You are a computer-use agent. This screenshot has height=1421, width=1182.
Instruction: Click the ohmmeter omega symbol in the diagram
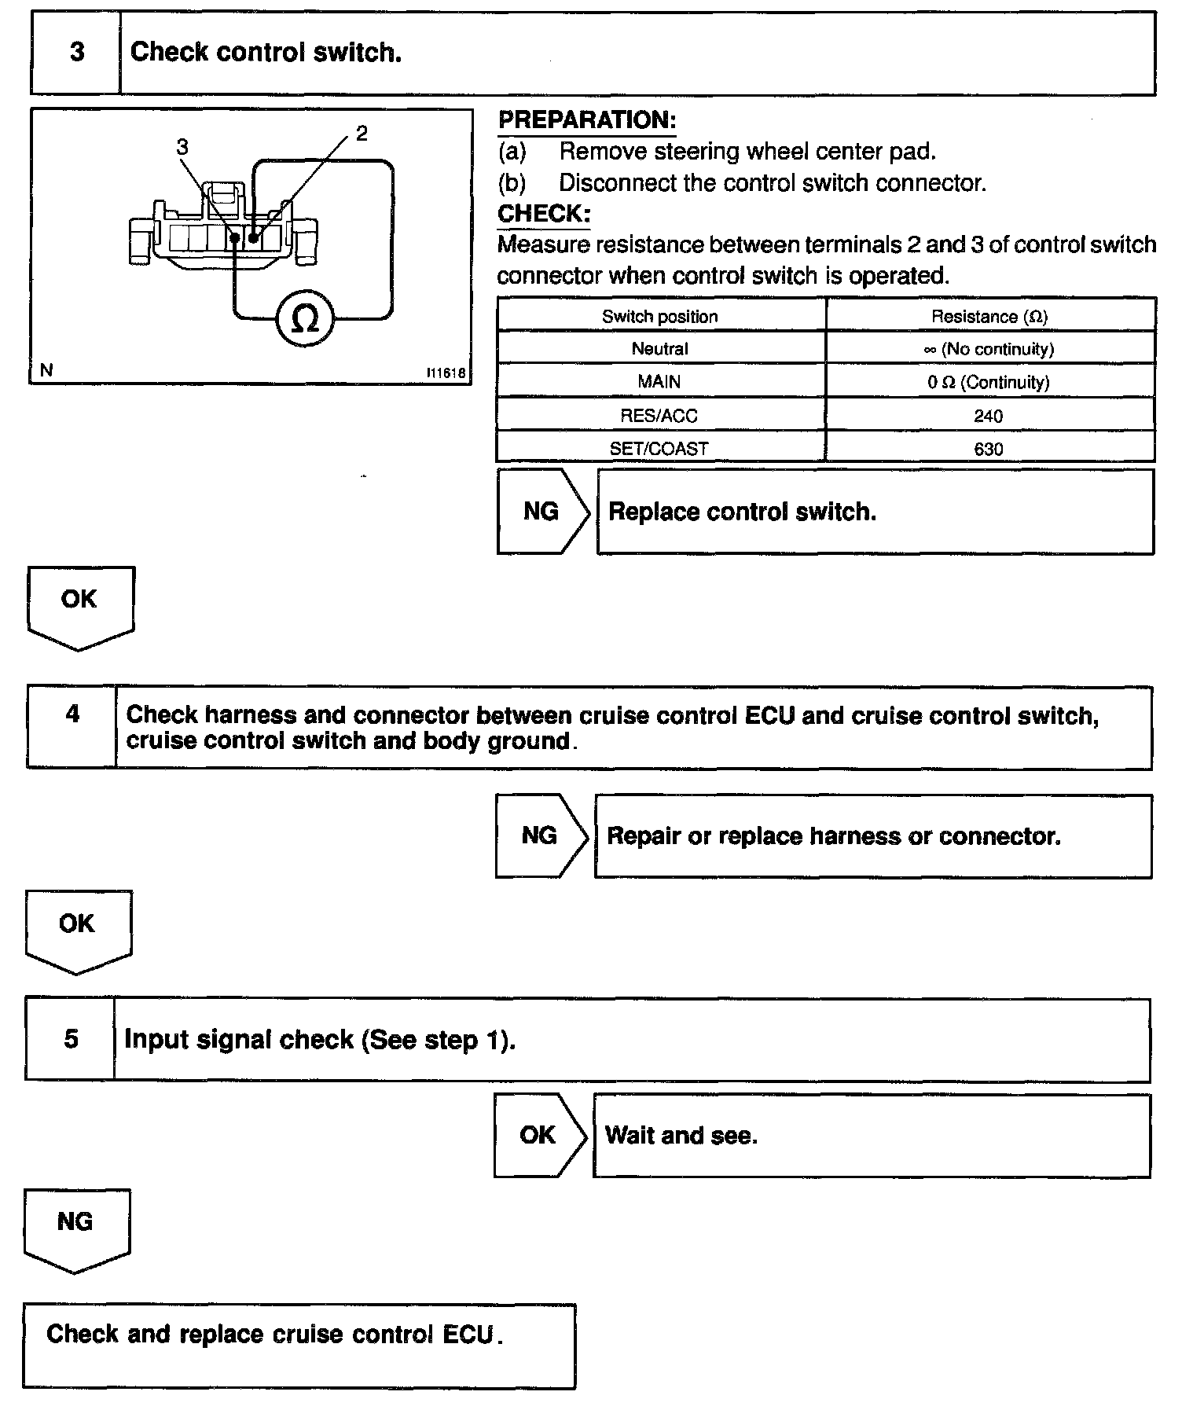pyautogui.click(x=305, y=319)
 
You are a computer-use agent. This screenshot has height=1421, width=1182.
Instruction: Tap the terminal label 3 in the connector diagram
pyautogui.click(x=182, y=147)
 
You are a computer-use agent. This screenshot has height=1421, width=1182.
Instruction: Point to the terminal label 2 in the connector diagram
pyautogui.click(x=361, y=134)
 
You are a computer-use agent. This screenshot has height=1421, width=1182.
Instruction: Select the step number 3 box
pyautogui.click(x=76, y=53)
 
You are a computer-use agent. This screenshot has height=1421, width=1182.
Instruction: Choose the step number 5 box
pyautogui.click(x=71, y=1039)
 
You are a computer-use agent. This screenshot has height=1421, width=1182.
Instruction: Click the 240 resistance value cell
pyautogui.click(x=989, y=416)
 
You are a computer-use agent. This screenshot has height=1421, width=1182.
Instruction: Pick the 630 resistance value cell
pyautogui.click(x=989, y=449)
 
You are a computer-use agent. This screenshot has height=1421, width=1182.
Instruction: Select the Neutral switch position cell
pyautogui.click(x=660, y=349)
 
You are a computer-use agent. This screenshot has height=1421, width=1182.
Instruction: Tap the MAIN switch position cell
pyautogui.click(x=659, y=382)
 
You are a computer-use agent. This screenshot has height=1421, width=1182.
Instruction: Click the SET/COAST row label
pyautogui.click(x=659, y=449)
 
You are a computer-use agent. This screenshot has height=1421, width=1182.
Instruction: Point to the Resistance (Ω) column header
pyautogui.click(x=989, y=317)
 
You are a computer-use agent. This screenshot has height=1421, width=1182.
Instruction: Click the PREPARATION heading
pyautogui.click(x=587, y=120)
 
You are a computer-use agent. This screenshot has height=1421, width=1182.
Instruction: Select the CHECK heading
pyautogui.click(x=544, y=213)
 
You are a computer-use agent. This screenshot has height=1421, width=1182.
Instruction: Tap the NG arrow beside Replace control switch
pyautogui.click(x=542, y=512)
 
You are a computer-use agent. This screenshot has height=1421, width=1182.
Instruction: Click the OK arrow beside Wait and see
pyautogui.click(x=539, y=1135)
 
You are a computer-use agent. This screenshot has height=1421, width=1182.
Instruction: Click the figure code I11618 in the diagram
pyautogui.click(x=446, y=373)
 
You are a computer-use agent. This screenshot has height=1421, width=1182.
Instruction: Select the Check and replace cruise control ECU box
pyautogui.click(x=299, y=1346)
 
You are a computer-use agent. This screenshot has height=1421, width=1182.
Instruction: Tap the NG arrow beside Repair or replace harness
pyautogui.click(x=541, y=835)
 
